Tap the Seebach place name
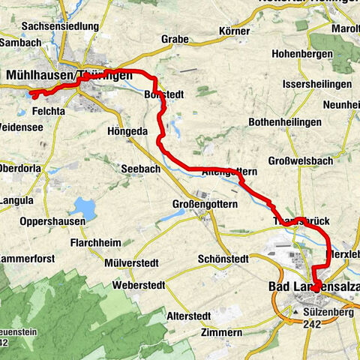point(140,169)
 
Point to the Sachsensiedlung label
point(60,26)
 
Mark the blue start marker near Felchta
point(32,94)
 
